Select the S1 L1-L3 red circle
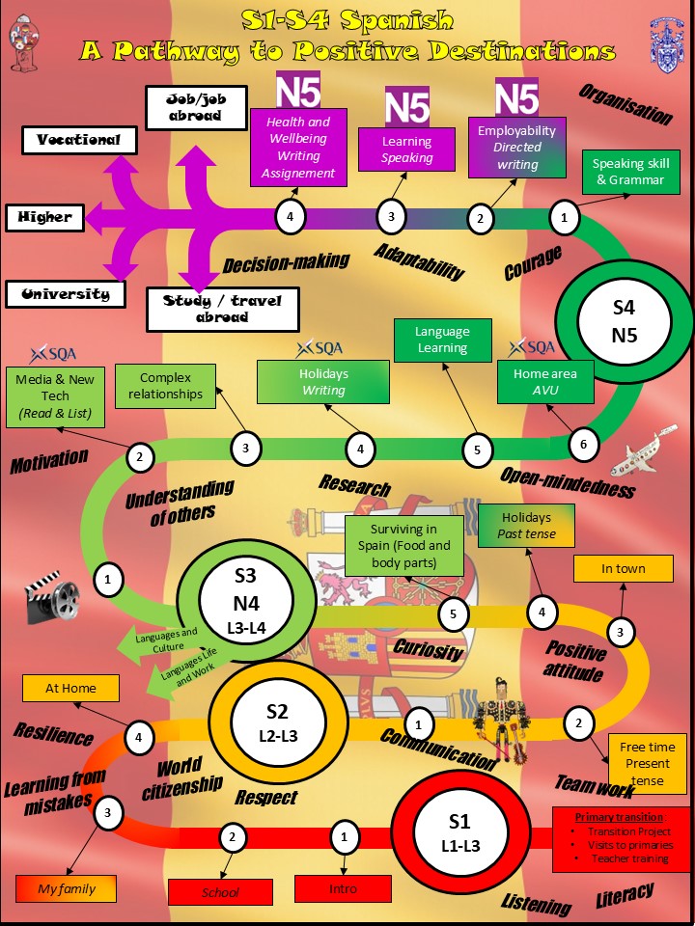(x=459, y=833)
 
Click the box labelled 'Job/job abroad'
(x=197, y=107)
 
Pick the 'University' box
(x=66, y=294)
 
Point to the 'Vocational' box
(x=79, y=140)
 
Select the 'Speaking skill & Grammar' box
(x=629, y=172)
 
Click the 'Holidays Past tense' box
(x=526, y=526)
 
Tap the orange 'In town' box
(x=623, y=568)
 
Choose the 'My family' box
(x=67, y=888)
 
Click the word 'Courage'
(x=532, y=263)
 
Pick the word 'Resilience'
(x=54, y=735)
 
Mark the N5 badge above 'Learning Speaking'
(x=407, y=106)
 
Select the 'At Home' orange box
(x=71, y=688)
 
